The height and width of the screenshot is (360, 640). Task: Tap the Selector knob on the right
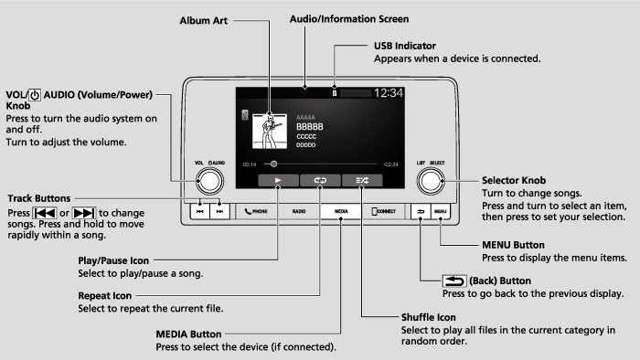429,181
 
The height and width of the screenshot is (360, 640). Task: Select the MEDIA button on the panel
340,211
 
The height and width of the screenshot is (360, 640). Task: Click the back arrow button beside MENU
421,211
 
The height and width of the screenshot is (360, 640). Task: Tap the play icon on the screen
278,181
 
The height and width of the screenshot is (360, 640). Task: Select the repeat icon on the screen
320,181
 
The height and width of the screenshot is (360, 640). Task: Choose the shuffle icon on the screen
362,181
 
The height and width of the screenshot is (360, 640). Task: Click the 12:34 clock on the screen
388,93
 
